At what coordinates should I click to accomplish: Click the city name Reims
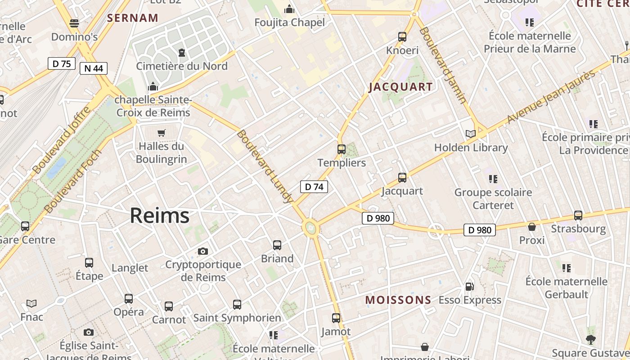(159, 216)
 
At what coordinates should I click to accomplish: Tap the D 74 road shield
(314, 187)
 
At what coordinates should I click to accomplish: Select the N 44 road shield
(94, 68)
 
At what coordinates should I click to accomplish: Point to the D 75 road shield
(61, 63)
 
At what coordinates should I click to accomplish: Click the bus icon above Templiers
(342, 149)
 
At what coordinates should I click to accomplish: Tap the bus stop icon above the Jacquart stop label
(402, 178)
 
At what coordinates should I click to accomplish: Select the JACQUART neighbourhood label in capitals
(400, 87)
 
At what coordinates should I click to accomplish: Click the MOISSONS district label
(398, 300)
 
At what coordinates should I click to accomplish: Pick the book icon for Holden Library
(470, 134)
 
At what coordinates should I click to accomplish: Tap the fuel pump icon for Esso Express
(469, 287)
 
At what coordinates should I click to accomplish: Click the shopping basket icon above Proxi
(532, 227)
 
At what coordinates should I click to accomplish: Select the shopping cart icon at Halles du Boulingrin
(161, 133)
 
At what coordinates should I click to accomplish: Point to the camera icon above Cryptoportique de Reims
(203, 251)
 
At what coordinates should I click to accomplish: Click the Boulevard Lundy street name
(265, 166)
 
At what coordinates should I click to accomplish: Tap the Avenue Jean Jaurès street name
(551, 97)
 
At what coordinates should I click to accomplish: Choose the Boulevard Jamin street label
(443, 65)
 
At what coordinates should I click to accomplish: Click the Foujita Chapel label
(289, 22)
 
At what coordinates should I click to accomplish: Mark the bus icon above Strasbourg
(578, 216)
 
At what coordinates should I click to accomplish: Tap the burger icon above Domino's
(74, 23)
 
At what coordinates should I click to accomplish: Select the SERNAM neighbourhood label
(132, 18)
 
